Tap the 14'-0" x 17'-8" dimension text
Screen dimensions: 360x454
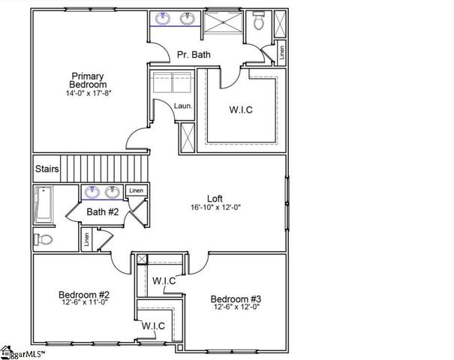[x=89, y=94]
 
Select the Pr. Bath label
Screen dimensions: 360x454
[x=194, y=55]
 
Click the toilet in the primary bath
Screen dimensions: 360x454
[x=258, y=22]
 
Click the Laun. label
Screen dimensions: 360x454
[x=184, y=106]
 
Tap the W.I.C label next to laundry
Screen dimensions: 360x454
[x=241, y=109]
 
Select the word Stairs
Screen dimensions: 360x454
[x=47, y=169]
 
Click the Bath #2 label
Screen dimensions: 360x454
[x=103, y=212]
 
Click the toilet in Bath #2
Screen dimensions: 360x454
[x=44, y=240]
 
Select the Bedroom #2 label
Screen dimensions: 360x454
[x=85, y=295]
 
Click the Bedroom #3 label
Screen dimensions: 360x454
[x=236, y=296]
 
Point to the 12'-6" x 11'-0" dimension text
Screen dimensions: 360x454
[x=85, y=304]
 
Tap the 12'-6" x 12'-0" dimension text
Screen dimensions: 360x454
[x=236, y=306]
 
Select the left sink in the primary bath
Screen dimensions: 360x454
[x=164, y=19]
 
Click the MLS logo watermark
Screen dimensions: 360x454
[x=23, y=351]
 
